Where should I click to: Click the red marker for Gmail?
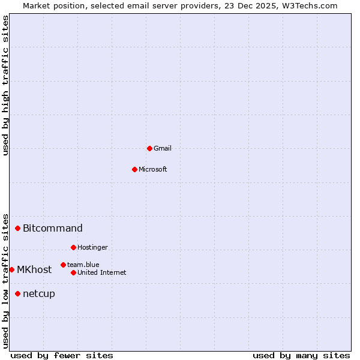click(149, 148)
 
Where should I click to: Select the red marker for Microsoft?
click(134, 169)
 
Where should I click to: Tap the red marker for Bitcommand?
click(18, 228)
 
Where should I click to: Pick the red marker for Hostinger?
click(73, 247)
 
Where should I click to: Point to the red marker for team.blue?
click(63, 265)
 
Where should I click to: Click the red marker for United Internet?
click(73, 272)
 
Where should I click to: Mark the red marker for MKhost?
click(11, 269)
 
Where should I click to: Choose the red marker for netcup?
click(18, 293)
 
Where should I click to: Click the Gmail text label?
click(163, 148)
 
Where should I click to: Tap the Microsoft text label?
click(153, 169)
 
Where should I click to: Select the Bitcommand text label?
click(53, 228)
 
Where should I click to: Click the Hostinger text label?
click(93, 247)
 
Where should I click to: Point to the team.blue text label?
click(83, 265)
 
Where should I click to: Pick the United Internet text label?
click(102, 272)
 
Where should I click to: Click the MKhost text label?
click(34, 269)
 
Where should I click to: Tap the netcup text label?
click(39, 293)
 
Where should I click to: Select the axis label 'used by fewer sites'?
click(62, 355)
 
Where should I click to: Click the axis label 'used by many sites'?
click(301, 355)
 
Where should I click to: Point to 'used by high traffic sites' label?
click(5, 85)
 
